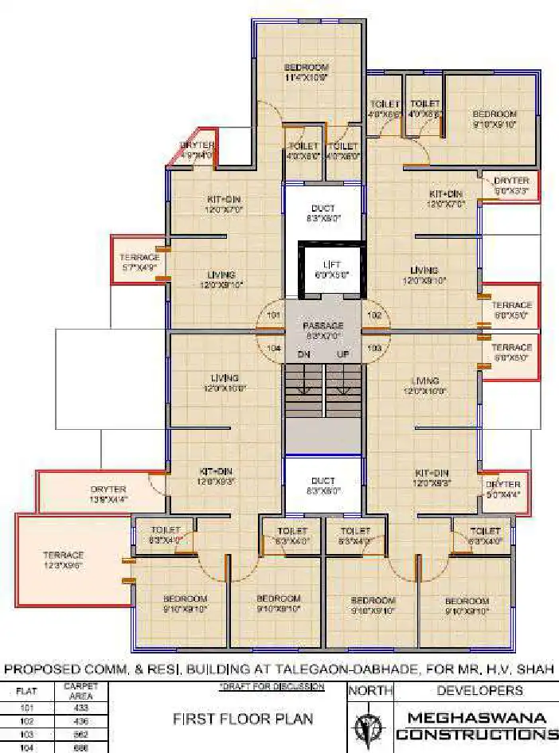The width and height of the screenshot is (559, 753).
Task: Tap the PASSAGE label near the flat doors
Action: click(323, 326)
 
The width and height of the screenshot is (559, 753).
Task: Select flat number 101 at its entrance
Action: click(275, 315)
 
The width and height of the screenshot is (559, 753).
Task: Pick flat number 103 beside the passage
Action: click(374, 349)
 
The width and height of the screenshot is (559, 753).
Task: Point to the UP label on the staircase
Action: click(343, 354)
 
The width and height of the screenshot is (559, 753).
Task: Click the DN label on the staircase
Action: click(303, 354)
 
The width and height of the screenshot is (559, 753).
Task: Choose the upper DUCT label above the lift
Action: click(322, 209)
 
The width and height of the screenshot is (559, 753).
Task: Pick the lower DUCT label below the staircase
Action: click(322, 481)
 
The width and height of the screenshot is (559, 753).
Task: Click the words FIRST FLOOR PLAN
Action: click(243, 719)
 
